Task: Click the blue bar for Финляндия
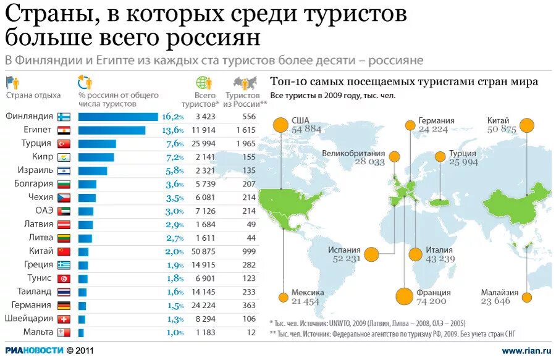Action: click(118, 117)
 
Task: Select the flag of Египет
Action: click(64, 130)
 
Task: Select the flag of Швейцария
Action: click(64, 319)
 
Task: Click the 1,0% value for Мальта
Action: click(174, 333)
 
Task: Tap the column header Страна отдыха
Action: click(33, 95)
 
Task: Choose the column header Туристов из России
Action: click(246, 99)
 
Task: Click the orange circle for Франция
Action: click(404, 296)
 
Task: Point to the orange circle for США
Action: click(281, 124)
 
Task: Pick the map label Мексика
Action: click(307, 292)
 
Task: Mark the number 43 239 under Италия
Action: click(440, 259)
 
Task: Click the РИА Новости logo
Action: click(34, 350)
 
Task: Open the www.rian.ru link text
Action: click(526, 351)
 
